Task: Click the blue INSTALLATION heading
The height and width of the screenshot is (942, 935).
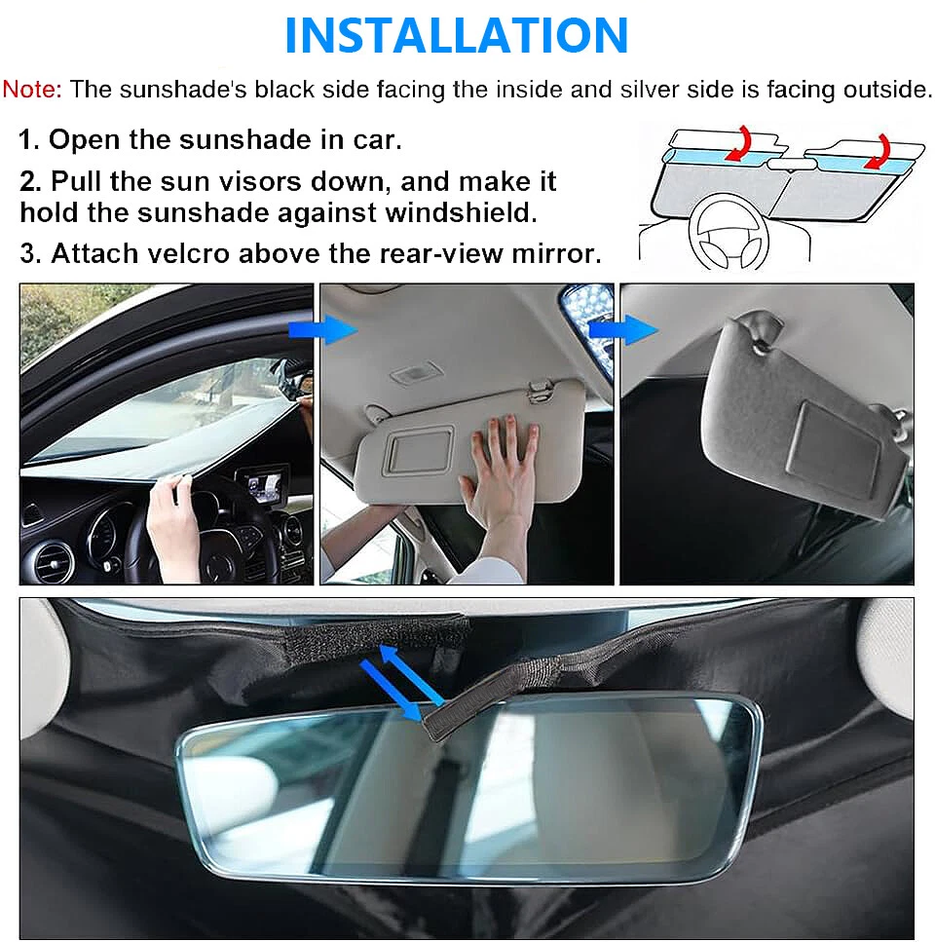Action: [x=457, y=35]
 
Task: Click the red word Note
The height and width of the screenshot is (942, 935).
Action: [x=32, y=89]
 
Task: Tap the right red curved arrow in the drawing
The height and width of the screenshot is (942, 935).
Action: [x=878, y=152]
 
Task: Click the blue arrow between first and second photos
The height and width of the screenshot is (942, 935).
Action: [x=322, y=330]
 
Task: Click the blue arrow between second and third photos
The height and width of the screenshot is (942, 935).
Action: [x=622, y=330]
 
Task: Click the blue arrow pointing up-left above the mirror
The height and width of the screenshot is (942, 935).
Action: [x=411, y=673]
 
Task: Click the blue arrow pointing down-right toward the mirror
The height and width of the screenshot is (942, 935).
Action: [x=391, y=689]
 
